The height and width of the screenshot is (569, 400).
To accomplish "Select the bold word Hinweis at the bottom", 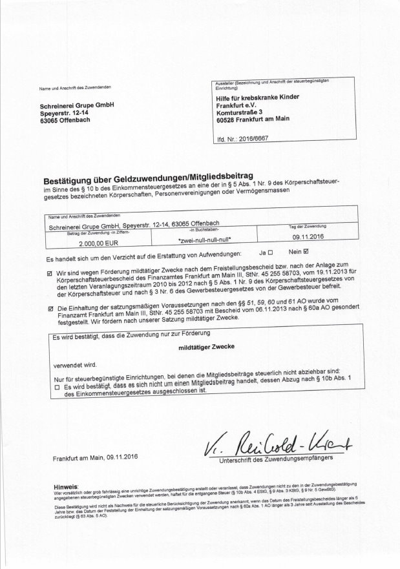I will pyautogui.click(x=67, y=483).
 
